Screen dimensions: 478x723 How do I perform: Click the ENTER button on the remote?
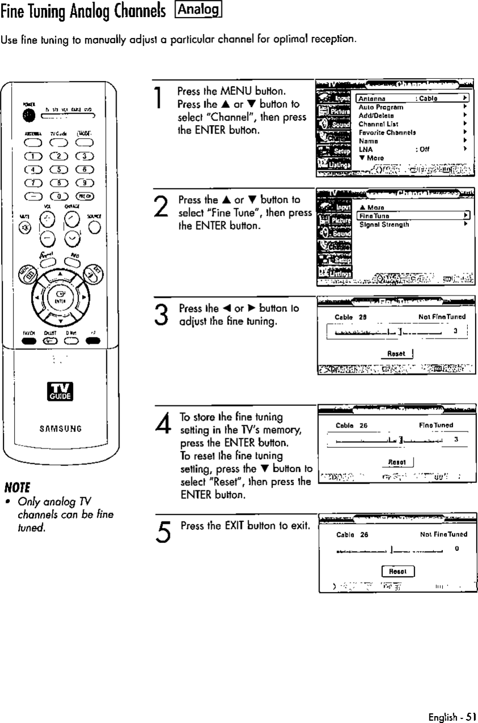pyautogui.click(x=60, y=296)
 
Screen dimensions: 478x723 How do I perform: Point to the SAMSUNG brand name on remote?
pyautogui.click(x=60, y=429)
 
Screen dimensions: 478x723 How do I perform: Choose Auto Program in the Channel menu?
pyautogui.click(x=381, y=106)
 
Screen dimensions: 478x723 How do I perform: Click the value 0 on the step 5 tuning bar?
pyautogui.click(x=456, y=548)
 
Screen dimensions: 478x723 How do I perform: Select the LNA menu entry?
pyautogui.click(x=365, y=149)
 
